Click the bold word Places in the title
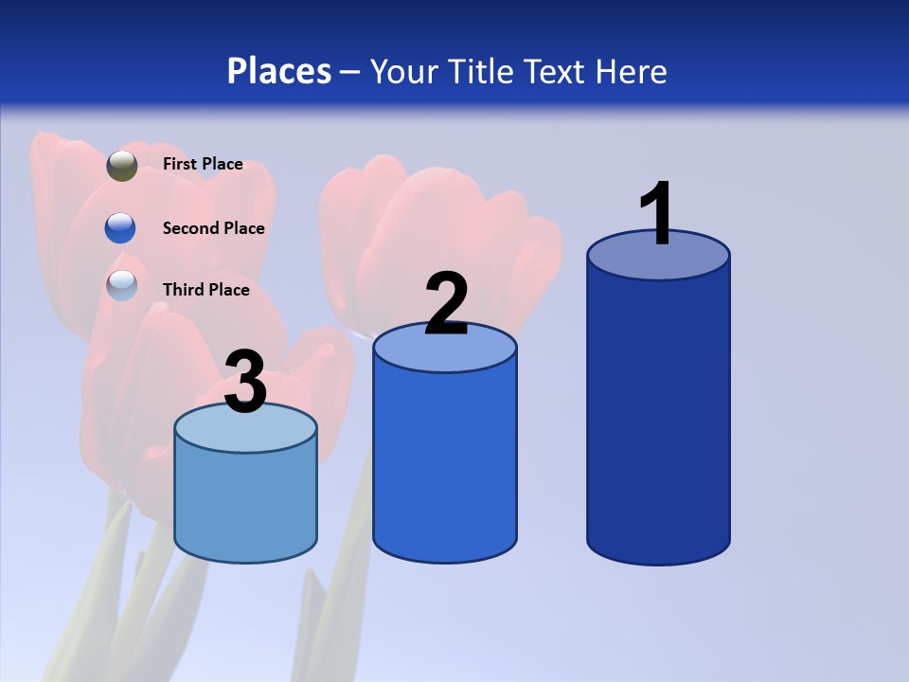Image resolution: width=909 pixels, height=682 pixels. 279,71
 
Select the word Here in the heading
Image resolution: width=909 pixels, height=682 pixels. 631,71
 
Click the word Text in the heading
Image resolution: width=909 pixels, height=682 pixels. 555,71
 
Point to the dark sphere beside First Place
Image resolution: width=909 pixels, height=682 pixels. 122,166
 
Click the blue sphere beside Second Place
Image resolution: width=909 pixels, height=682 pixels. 120,228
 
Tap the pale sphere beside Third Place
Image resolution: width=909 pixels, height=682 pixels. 122,285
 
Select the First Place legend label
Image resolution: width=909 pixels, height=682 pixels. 203,164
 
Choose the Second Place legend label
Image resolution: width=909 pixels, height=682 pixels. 213,228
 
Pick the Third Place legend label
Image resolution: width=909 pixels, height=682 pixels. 205,290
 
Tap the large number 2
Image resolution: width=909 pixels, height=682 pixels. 446,304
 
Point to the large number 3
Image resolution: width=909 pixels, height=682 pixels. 245,383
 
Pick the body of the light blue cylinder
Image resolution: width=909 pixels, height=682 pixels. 245,502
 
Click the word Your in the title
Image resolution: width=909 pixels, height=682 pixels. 405,71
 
